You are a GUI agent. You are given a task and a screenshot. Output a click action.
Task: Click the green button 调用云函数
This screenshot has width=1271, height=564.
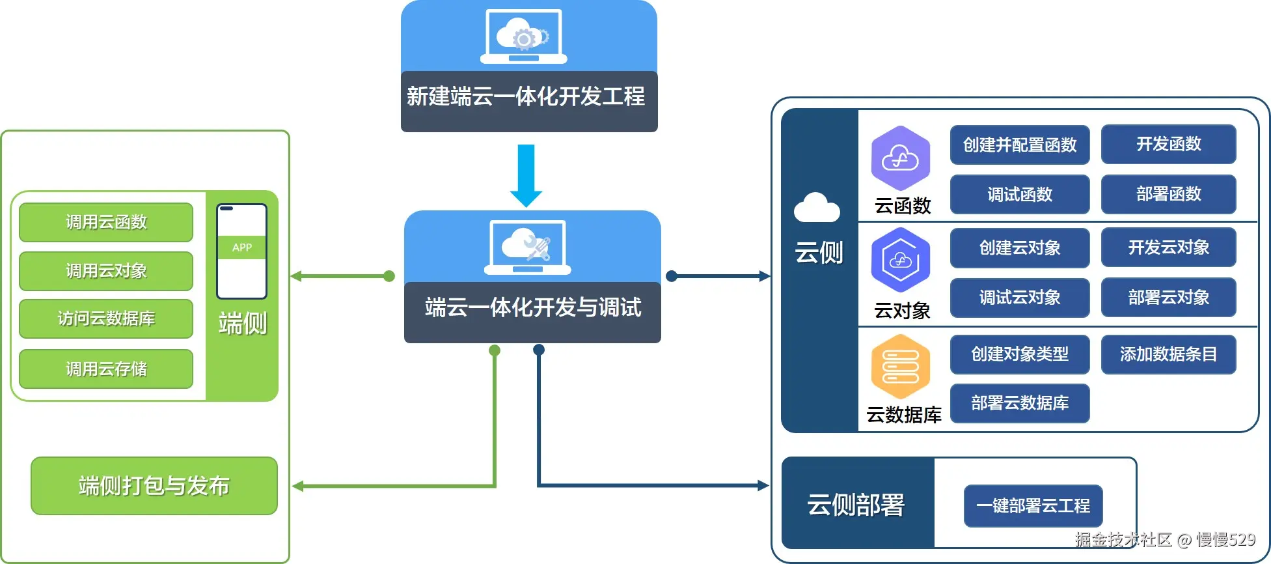106,222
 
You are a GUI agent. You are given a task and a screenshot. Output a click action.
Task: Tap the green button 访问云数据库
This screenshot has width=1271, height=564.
106,318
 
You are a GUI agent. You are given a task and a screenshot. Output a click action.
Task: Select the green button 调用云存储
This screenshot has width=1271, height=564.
106,369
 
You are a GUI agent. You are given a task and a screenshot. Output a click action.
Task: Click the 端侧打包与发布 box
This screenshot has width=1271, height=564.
154,486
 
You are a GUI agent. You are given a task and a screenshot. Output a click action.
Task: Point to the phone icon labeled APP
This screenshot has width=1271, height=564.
241,251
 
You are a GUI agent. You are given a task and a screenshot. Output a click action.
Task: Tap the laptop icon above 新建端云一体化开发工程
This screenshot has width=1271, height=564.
523,37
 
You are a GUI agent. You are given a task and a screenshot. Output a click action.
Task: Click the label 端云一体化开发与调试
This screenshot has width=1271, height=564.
532,307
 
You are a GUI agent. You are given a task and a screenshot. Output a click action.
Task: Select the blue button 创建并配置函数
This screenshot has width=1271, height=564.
1020,145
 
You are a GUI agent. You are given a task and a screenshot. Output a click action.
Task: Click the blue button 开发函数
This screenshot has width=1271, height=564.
1168,144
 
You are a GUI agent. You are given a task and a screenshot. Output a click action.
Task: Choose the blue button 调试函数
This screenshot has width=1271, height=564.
1020,194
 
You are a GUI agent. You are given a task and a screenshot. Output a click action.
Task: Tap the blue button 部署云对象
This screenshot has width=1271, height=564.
1168,297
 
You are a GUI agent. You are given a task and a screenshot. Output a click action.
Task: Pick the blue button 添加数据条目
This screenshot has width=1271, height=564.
1168,354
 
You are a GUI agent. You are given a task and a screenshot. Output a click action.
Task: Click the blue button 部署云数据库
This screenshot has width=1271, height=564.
1020,403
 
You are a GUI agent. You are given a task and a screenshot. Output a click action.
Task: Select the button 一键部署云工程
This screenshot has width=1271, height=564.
1033,505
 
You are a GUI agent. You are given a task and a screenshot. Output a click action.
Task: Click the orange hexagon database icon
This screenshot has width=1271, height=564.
901,367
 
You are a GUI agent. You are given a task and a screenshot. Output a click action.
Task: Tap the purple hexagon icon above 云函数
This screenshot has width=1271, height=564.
901,158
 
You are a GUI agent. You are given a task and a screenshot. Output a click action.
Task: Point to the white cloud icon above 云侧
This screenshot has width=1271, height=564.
817,208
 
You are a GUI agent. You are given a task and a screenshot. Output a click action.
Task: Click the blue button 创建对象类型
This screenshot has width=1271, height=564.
1020,354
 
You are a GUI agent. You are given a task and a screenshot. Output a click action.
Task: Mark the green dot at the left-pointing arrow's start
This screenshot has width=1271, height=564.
389,276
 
